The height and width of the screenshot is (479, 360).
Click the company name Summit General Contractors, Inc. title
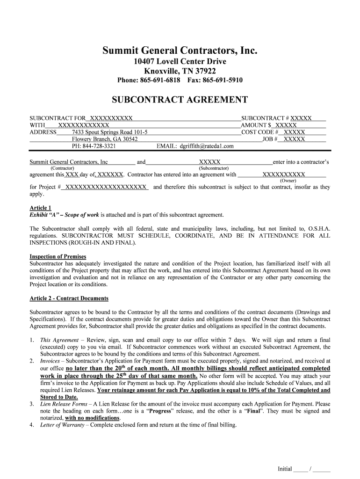tap(180, 51)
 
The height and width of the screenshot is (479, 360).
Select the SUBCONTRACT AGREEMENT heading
tap(180, 100)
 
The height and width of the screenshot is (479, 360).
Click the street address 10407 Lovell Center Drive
tap(180, 62)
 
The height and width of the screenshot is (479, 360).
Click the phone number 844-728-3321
tap(100, 146)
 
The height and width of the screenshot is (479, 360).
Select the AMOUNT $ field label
tap(256, 125)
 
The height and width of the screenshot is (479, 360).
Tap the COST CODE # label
tap(259, 132)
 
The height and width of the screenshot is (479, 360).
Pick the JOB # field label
tap(270, 139)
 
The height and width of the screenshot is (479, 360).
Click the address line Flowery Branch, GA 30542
tap(105, 139)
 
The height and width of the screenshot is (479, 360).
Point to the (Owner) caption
tap(288, 181)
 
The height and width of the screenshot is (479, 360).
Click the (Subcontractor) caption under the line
tap(214, 168)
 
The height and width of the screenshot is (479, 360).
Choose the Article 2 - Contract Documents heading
tap(69, 298)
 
